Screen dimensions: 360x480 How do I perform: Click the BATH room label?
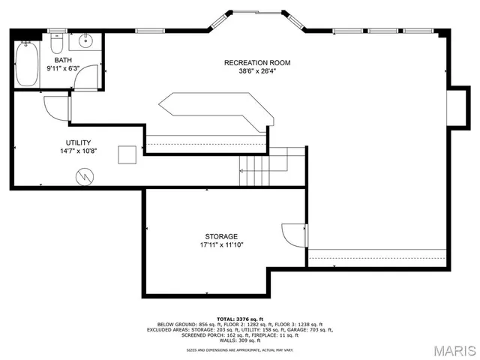pos(63,59)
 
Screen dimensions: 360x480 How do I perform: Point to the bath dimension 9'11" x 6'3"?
pos(64,68)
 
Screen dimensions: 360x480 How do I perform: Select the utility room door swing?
pos(56,109)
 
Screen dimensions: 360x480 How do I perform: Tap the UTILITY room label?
pos(78,142)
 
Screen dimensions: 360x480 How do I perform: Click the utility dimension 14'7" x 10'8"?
pos(78,151)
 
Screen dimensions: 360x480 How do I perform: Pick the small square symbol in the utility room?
pos(130,153)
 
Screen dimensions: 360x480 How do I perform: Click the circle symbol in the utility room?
pos(84,176)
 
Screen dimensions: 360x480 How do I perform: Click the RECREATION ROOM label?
pos(257,62)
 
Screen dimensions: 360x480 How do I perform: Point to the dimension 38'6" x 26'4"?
pos(257,72)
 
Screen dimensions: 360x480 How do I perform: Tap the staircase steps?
pos(256,169)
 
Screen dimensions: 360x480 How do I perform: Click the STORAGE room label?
pos(221,235)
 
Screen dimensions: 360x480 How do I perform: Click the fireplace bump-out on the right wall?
pos(456,105)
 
